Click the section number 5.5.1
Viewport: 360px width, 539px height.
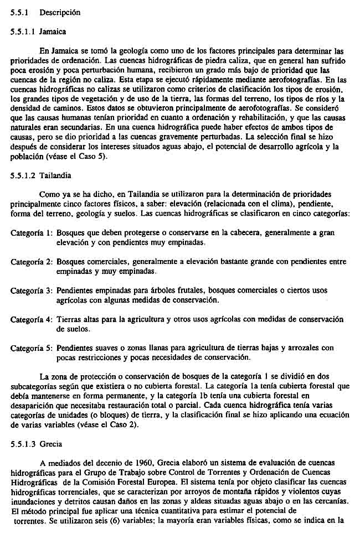20,12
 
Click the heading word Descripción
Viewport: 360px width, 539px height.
60,12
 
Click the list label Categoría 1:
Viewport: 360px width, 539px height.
32,233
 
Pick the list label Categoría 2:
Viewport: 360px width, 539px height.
32,261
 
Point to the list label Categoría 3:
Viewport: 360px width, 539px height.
32,291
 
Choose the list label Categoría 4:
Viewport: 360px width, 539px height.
32,319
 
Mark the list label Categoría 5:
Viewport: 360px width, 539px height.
32,348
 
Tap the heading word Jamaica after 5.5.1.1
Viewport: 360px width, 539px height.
53,32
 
